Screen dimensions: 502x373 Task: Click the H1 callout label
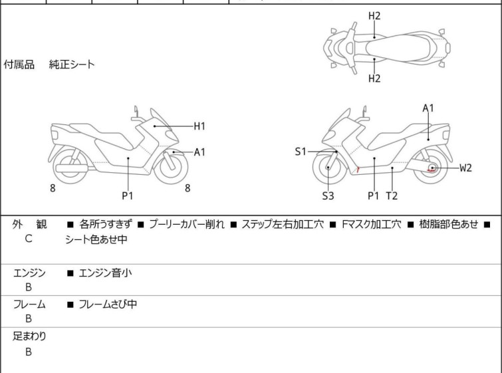click(199, 126)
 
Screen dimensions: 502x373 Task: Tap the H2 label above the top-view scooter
click(374, 16)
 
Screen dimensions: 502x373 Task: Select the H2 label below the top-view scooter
click(374, 78)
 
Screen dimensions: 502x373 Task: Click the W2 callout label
click(465, 168)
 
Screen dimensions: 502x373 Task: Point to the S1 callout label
click(301, 152)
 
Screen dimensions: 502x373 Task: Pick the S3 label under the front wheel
click(328, 195)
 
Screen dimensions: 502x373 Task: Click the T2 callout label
click(392, 195)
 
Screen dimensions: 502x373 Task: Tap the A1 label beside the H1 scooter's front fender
click(199, 152)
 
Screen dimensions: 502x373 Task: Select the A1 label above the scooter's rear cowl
click(428, 108)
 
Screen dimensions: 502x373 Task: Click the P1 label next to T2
click(373, 195)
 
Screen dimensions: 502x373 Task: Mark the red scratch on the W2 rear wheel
click(432, 170)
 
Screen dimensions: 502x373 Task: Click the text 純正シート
click(72, 64)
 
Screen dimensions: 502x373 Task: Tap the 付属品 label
click(19, 64)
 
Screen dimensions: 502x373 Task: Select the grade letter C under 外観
click(29, 239)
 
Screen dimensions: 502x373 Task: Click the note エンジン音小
click(105, 273)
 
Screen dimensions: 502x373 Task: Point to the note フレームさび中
click(108, 304)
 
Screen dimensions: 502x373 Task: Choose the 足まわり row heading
click(29, 336)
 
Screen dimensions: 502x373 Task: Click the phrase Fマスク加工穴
click(372, 224)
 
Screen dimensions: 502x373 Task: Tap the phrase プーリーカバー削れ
click(187, 224)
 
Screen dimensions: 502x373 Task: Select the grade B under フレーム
click(29, 318)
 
